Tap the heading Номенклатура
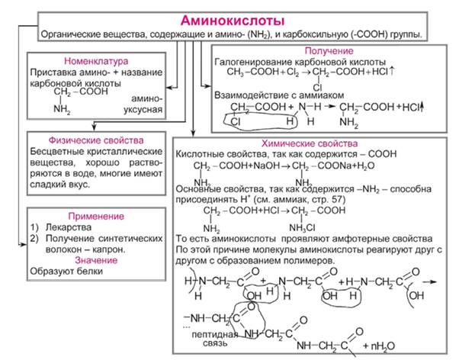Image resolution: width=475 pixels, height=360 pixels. [98, 60]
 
